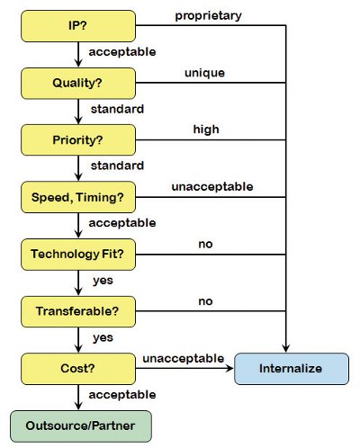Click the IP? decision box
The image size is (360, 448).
pyautogui.click(x=78, y=26)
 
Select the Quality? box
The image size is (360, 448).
pyautogui.click(x=78, y=84)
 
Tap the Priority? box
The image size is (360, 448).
pyautogui.click(x=78, y=140)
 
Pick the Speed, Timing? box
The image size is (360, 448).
pyautogui.click(x=78, y=197)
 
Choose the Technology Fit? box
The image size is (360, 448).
pyautogui.click(x=78, y=255)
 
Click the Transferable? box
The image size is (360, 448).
pyautogui.click(x=78, y=311)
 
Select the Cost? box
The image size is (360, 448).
pyautogui.click(x=78, y=369)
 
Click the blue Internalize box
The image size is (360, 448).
pyautogui.click(x=292, y=369)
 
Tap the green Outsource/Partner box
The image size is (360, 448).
pyautogui.click(x=81, y=426)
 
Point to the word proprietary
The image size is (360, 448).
pyautogui.click(x=208, y=16)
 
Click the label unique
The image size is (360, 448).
pyautogui.click(x=204, y=73)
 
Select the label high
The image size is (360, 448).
pyautogui.click(x=206, y=130)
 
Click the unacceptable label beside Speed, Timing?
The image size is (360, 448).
pyautogui.click(x=212, y=186)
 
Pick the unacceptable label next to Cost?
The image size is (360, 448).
pyautogui.click(x=184, y=358)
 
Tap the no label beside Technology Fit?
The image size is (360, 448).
pyautogui.click(x=205, y=244)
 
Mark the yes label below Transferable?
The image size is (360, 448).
pyautogui.click(x=103, y=338)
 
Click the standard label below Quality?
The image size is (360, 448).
pyautogui.click(x=117, y=109)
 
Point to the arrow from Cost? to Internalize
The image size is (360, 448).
pyautogui.click(x=184, y=368)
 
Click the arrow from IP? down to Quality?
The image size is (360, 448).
pyautogui.click(x=78, y=55)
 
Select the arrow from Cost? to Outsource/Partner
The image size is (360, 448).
pyautogui.click(x=78, y=398)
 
